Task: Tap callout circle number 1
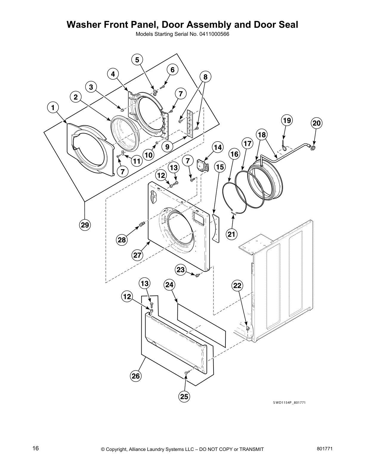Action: [x=53, y=107]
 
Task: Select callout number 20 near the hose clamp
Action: [x=317, y=123]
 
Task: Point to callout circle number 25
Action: [x=184, y=396]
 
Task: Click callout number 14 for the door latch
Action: [x=218, y=147]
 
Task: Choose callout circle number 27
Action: [x=137, y=255]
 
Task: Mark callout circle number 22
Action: [x=237, y=286]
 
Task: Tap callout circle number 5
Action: [x=137, y=60]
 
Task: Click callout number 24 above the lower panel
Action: [x=169, y=285]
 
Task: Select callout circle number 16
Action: [x=234, y=154]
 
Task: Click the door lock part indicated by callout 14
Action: [x=203, y=165]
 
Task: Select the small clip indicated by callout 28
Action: [x=142, y=223]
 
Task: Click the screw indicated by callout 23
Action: [x=197, y=275]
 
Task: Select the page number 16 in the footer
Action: [x=35, y=449]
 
